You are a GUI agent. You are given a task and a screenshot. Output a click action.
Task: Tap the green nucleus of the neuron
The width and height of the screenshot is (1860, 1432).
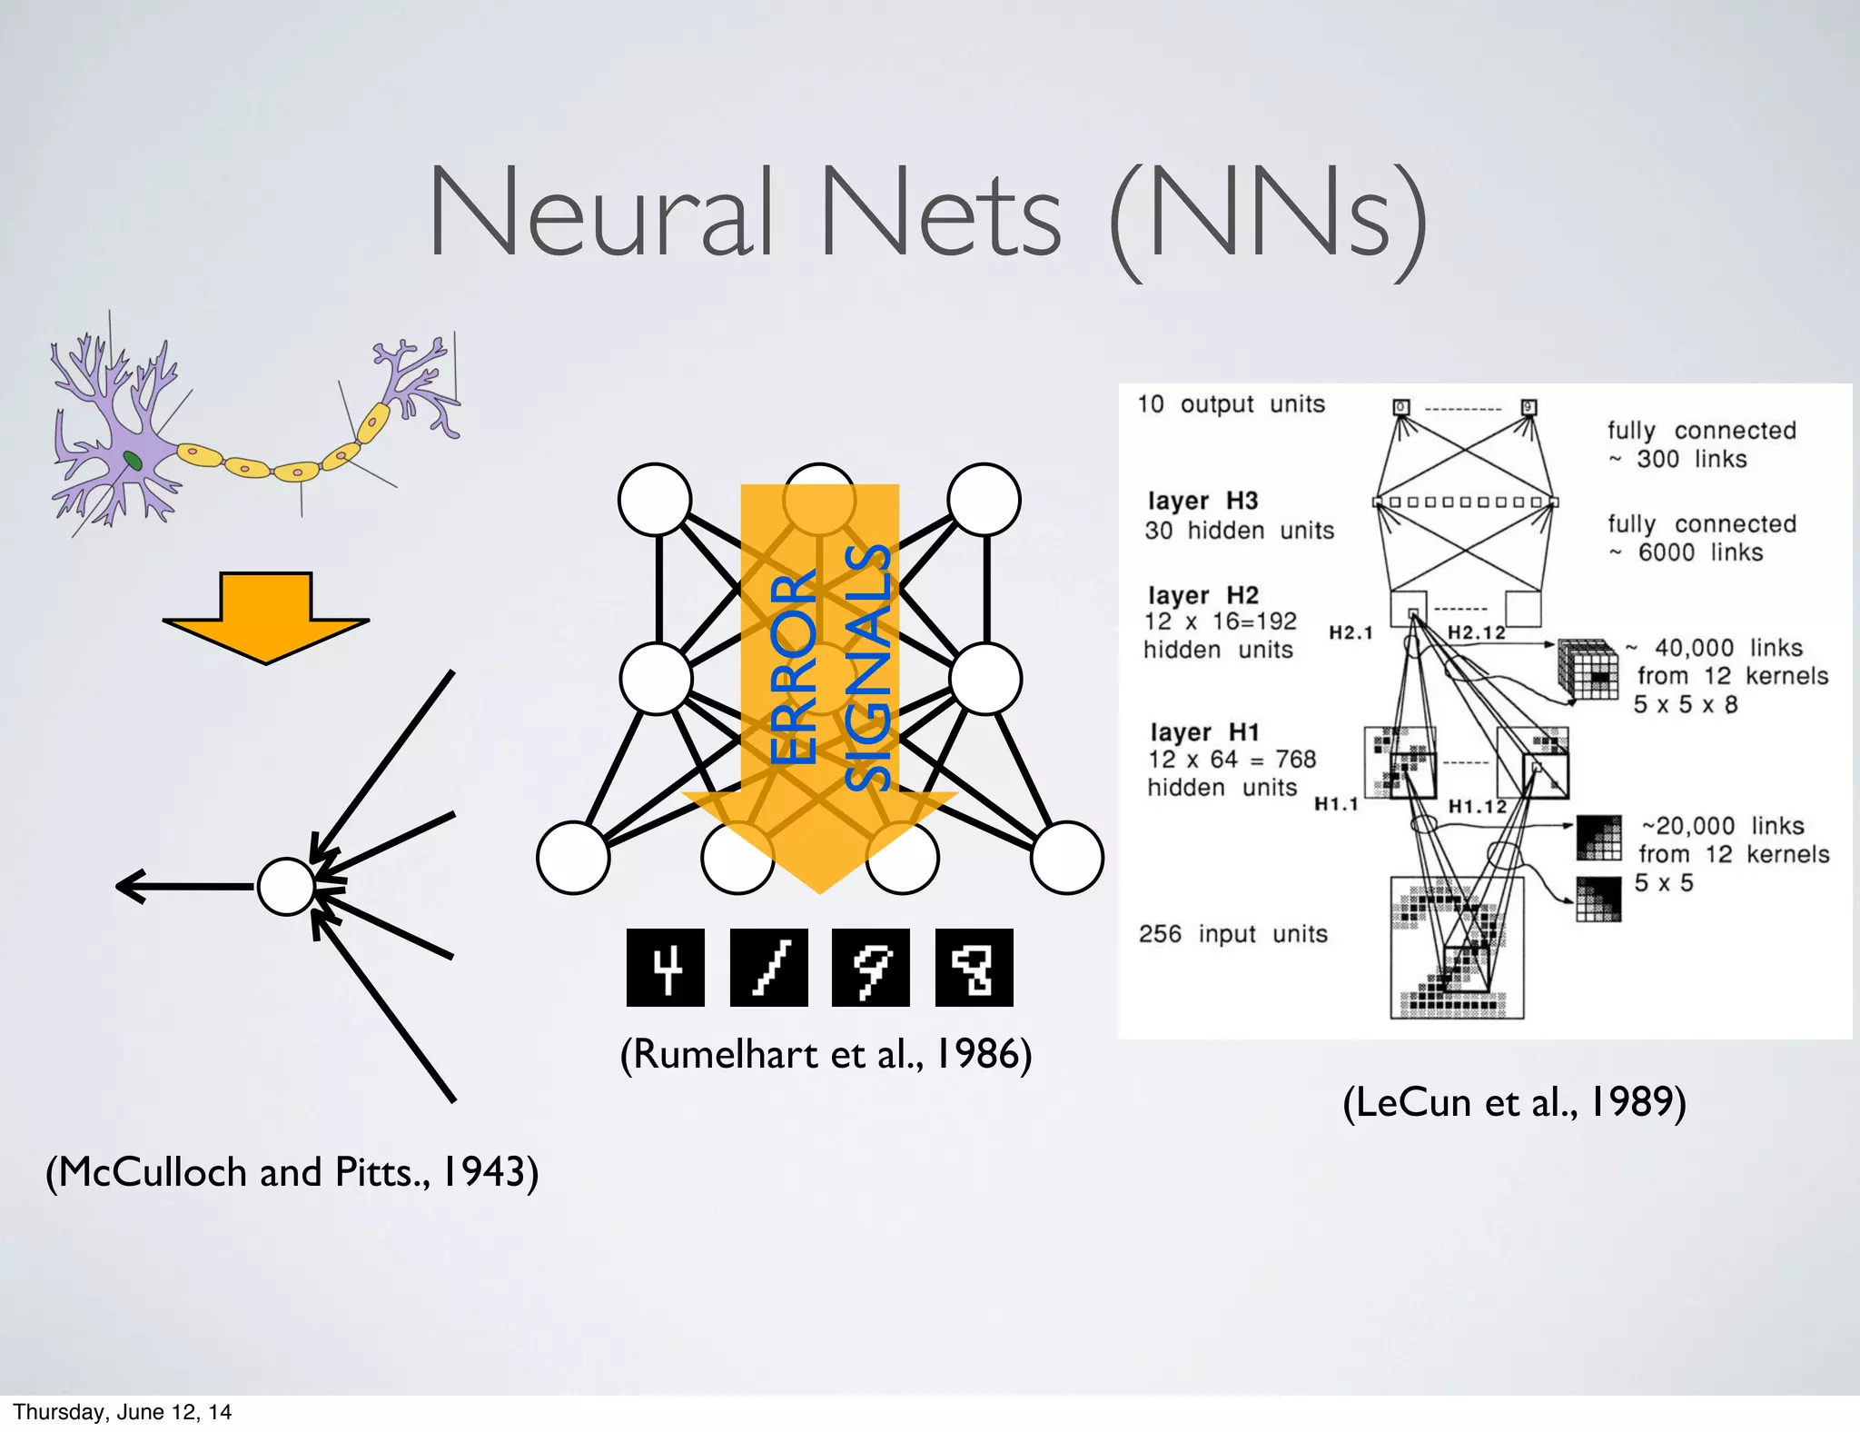(133, 461)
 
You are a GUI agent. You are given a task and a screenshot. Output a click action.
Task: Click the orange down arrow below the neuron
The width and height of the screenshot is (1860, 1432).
(265, 617)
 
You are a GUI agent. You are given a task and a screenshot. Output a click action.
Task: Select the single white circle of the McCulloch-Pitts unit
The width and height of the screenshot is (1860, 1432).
(286, 886)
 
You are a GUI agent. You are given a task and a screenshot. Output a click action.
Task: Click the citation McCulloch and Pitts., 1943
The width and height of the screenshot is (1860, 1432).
(292, 1172)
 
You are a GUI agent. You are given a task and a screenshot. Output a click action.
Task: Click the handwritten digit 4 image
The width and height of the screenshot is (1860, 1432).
(666, 968)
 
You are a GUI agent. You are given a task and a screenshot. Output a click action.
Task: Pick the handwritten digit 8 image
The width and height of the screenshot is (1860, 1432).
(974, 968)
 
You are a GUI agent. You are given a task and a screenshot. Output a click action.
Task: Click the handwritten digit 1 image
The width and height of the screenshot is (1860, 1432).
(768, 968)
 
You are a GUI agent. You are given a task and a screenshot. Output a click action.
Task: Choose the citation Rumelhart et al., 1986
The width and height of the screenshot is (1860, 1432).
(826, 1054)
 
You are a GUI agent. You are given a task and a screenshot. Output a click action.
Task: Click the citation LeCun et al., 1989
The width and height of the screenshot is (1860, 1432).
(1514, 1102)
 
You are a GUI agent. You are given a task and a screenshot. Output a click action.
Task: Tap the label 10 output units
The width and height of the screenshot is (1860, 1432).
(1231, 404)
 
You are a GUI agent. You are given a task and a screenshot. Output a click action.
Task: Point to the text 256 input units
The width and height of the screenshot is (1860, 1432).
(1232, 934)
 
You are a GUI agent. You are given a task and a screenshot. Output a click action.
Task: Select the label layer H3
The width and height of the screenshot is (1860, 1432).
(1203, 501)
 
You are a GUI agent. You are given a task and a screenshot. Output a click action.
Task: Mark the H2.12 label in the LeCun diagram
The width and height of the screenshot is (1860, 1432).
(1476, 632)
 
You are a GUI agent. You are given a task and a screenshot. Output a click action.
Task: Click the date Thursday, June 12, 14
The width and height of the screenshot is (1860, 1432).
(122, 1412)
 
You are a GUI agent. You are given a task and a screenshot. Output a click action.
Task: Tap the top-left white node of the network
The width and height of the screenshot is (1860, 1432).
(655, 500)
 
